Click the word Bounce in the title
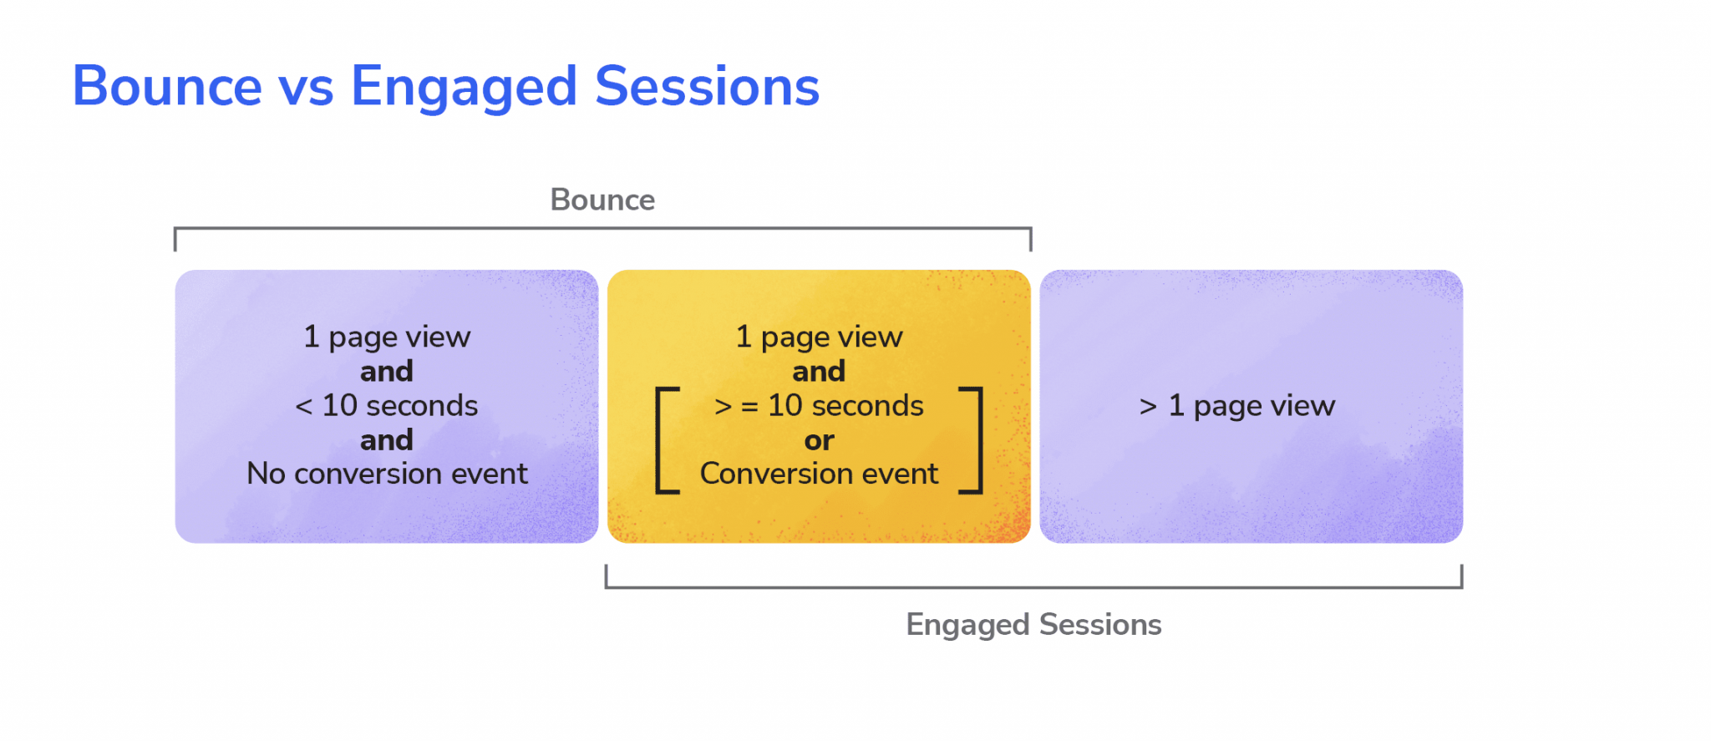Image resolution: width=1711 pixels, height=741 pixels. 167,86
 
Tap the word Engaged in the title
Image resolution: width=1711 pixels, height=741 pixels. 463,88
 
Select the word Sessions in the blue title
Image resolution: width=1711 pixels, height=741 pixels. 707,86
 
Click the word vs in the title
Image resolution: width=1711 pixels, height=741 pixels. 306,88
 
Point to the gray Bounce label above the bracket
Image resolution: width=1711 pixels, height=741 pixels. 602,200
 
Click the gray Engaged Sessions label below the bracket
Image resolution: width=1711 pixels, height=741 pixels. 1033,624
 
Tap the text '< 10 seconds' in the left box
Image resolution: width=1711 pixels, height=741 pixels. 386,405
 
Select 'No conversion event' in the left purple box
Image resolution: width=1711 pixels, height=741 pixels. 387,474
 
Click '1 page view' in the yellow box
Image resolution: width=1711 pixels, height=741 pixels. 819,337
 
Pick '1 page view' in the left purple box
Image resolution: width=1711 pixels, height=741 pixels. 387,337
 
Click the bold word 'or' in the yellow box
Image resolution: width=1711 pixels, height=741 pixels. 819,440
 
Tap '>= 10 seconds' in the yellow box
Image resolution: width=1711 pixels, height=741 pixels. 819,405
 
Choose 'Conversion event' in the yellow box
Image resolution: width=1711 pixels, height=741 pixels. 819,474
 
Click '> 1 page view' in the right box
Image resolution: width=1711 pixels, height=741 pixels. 1236,405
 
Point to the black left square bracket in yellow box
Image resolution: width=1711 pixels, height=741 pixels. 663,440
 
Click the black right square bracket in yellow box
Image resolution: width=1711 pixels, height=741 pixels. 974,440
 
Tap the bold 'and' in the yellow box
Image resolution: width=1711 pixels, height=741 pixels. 819,371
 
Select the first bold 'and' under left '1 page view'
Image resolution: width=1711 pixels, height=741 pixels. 387,371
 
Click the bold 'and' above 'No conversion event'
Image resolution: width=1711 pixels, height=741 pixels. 387,439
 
